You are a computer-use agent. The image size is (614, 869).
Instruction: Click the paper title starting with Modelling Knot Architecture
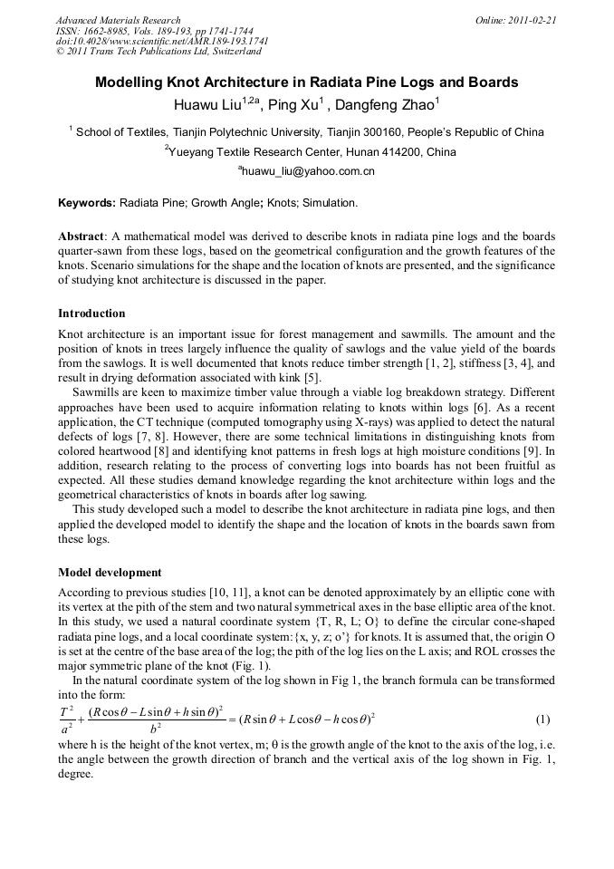click(x=307, y=82)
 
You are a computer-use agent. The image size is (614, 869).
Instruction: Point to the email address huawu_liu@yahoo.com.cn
click(x=308, y=170)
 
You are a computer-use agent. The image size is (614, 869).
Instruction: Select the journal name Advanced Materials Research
click(x=118, y=20)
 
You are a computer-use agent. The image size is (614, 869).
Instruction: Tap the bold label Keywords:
click(x=86, y=203)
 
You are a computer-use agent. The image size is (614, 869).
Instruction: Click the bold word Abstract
click(x=81, y=236)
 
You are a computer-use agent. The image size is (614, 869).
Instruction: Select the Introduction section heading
click(x=91, y=314)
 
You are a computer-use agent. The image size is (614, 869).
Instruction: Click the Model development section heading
click(x=110, y=573)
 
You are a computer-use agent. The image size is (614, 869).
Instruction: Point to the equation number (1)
click(x=542, y=719)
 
